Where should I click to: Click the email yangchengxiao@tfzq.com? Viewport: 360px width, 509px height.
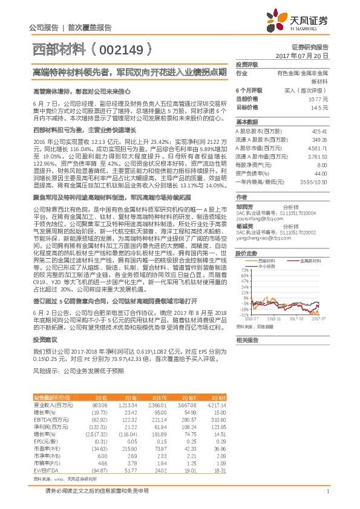[x=259, y=239]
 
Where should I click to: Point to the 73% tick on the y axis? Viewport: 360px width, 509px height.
[x=244, y=270]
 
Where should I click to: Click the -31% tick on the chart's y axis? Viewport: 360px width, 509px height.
[x=244, y=314]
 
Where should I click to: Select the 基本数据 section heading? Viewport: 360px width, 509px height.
[x=247, y=123]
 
